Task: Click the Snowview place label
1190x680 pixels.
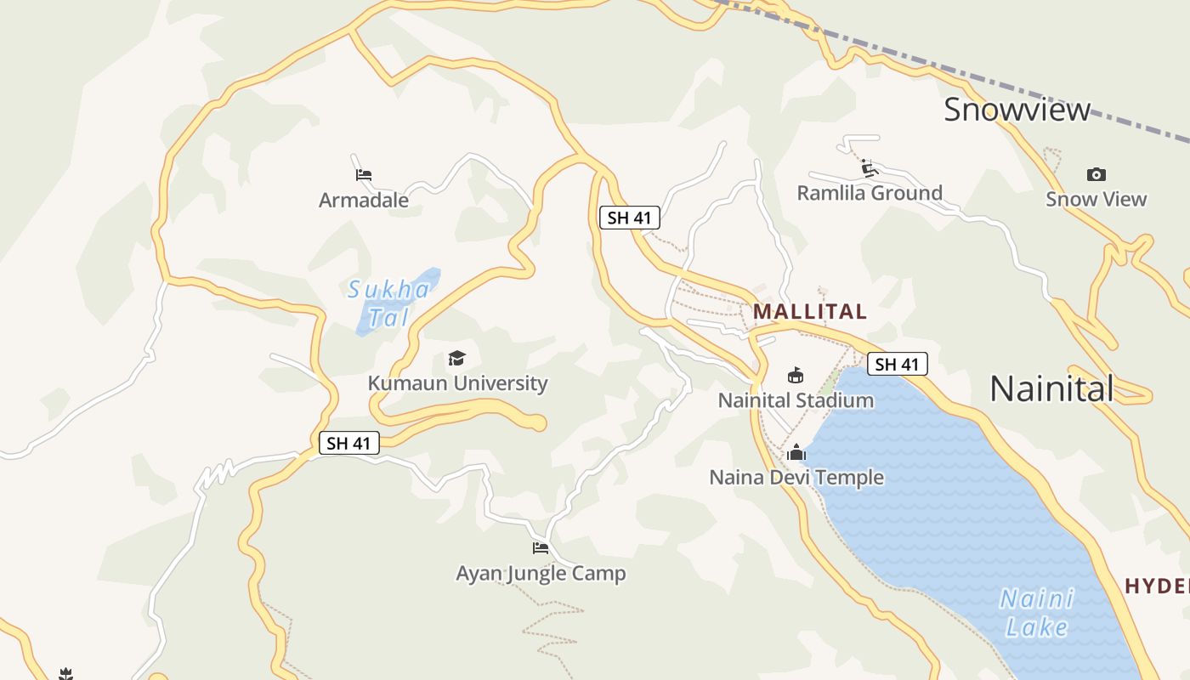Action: pos(1017,110)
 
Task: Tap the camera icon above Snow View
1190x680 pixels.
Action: pos(1096,175)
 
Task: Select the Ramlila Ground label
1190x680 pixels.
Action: pos(870,193)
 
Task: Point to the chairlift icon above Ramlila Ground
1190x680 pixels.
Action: pos(869,167)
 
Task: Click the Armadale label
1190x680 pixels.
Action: pos(364,201)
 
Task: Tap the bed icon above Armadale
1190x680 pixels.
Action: pos(364,175)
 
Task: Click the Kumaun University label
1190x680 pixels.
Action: pos(457,383)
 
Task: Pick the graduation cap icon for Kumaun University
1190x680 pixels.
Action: pos(457,358)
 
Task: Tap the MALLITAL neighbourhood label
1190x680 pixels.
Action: pos(810,311)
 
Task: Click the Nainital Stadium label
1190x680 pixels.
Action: pos(796,400)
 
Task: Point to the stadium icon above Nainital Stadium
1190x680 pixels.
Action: pos(796,375)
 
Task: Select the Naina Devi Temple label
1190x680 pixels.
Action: pos(796,478)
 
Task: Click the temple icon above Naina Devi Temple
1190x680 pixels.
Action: pos(796,452)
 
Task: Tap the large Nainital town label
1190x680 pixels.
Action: pos(1051,389)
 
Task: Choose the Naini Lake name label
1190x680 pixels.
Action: pos(1037,613)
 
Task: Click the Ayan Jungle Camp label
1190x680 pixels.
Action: pos(541,574)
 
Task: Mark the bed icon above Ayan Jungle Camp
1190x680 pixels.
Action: pos(541,547)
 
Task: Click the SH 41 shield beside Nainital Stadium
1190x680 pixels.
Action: pos(898,365)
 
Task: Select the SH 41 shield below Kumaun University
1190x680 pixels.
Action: pos(349,443)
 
